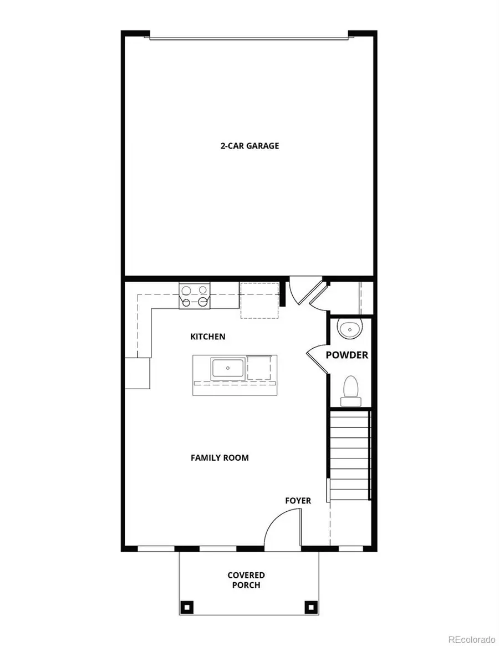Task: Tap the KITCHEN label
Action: [x=208, y=337]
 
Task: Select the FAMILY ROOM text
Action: [x=220, y=458]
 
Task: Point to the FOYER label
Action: [x=298, y=501]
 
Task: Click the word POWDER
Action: [x=347, y=355]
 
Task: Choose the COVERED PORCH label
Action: [x=246, y=580]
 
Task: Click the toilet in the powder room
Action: [x=350, y=387]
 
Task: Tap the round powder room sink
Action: [x=350, y=330]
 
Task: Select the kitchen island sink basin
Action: [x=227, y=369]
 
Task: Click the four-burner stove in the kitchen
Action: [x=195, y=296]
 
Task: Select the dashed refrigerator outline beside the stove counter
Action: [x=258, y=300]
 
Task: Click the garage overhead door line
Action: [x=248, y=39]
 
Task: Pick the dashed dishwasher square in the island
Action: [x=259, y=368]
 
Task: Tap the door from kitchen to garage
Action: [x=302, y=293]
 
